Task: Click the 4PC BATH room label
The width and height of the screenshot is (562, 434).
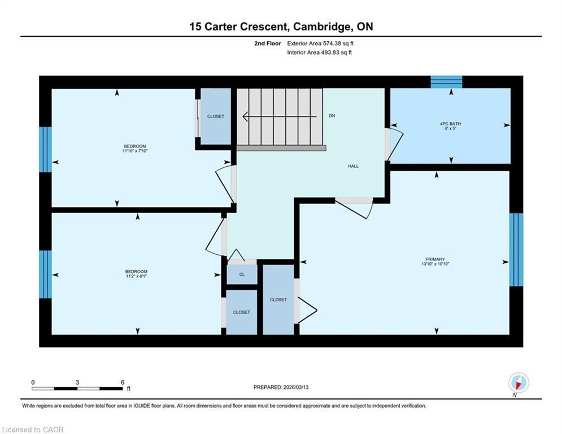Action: (450, 124)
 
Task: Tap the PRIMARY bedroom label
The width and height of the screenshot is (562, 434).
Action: (435, 259)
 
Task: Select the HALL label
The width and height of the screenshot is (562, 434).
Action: (353, 166)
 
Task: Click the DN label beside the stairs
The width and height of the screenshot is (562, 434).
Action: (332, 115)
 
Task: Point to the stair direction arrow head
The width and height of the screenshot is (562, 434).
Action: (246, 116)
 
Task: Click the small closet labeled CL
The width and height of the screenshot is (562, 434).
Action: (242, 275)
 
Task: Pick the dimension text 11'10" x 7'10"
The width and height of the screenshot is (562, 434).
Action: (135, 151)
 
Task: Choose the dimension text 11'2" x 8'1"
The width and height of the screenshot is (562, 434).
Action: (136, 276)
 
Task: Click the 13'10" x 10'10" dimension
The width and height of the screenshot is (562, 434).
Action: (435, 264)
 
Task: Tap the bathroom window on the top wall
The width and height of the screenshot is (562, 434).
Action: (446, 82)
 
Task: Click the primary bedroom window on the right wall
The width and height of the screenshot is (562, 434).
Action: (516, 250)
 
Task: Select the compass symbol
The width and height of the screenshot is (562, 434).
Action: (519, 383)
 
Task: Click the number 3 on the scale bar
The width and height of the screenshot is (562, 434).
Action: (77, 383)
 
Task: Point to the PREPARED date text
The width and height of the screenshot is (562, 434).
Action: (281, 387)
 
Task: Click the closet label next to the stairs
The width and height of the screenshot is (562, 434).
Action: (216, 116)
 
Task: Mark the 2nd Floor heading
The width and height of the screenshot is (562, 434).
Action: (267, 44)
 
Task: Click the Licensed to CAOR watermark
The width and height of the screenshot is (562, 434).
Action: (33, 429)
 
